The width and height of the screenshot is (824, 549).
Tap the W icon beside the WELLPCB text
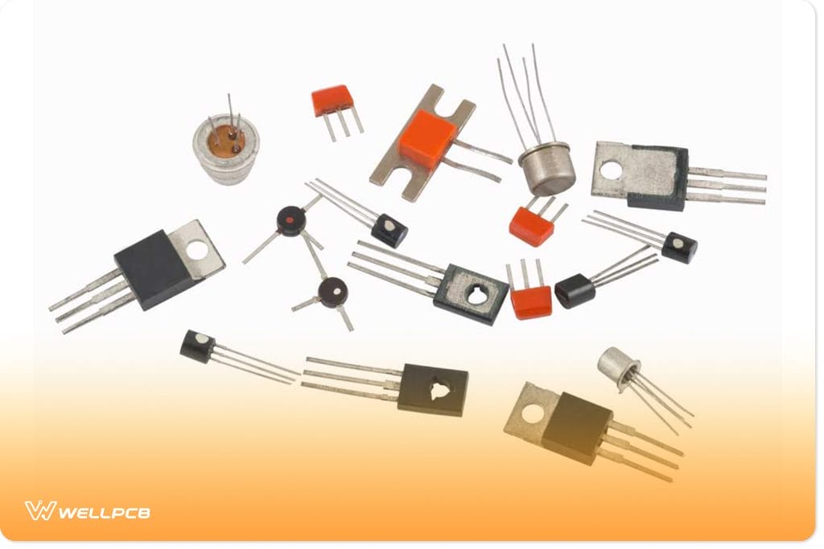click(39, 510)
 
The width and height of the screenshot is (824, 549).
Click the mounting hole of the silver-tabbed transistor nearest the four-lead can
click(611, 170)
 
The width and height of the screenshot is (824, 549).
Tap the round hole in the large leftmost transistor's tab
click(197, 250)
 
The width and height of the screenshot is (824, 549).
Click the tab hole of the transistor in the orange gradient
click(532, 414)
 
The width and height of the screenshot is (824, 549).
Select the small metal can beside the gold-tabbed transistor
click(617, 368)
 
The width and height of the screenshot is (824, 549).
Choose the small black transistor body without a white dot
click(575, 290)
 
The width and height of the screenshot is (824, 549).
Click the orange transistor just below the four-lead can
click(532, 226)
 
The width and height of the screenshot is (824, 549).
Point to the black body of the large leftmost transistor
click(152, 268)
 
